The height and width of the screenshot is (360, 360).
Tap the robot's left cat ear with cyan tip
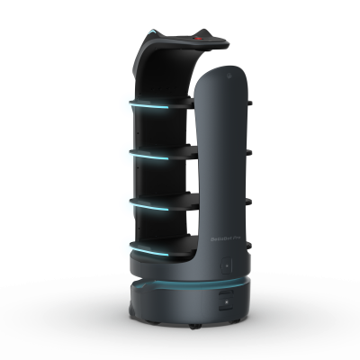149,33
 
